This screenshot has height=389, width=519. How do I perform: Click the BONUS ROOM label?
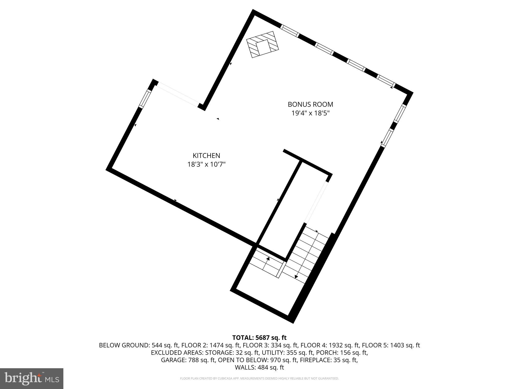point(310,104)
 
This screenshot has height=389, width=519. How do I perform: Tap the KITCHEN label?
point(206,155)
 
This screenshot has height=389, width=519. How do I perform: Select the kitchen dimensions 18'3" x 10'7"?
point(206,164)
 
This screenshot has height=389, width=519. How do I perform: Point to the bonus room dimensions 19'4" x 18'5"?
point(310,113)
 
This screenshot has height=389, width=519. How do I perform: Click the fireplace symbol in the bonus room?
point(263,44)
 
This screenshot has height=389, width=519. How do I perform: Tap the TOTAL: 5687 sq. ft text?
point(259,337)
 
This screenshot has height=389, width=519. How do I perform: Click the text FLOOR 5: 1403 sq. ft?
point(391,345)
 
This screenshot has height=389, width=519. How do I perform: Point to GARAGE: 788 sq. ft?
point(188,360)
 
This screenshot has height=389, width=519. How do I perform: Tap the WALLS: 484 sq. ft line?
point(259,367)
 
